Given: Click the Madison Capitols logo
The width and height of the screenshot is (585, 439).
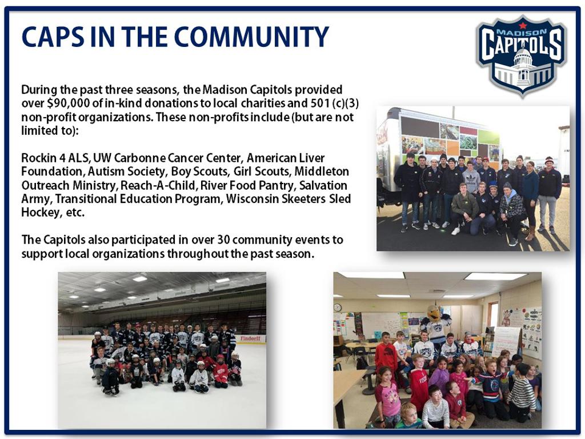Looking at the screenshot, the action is (x=522, y=56).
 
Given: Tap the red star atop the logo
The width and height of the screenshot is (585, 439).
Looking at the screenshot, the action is (x=522, y=25).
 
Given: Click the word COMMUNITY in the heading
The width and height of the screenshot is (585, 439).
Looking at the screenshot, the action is (x=251, y=37).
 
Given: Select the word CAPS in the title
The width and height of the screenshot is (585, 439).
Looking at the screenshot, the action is (x=53, y=37).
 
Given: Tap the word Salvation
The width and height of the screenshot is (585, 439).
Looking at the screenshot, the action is (x=323, y=185).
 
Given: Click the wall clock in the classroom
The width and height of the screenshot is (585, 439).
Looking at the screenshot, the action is (x=337, y=308).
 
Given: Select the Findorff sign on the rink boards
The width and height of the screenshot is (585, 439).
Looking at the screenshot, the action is (x=250, y=338).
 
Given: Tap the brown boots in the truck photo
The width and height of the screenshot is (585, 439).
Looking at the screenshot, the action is (x=530, y=233).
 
